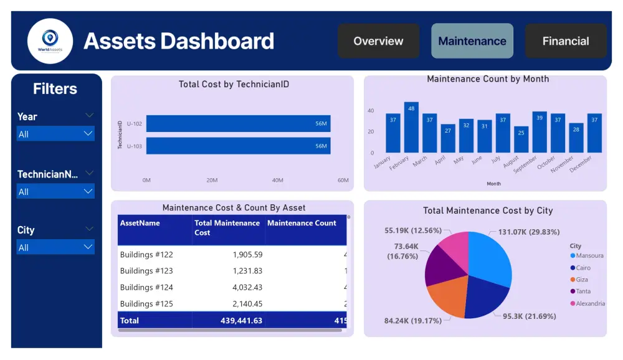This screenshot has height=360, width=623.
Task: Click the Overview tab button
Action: coord(378,41)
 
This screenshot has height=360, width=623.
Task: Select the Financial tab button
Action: coord(565,41)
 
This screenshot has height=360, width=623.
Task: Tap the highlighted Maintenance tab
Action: coord(472,41)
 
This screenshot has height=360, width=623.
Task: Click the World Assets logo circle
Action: coord(50,41)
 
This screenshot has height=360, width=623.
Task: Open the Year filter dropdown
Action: coord(55,134)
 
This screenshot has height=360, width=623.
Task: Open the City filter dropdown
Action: coord(55,247)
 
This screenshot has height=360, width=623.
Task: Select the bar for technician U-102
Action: coord(238,123)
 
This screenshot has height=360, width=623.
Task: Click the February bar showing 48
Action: coord(411,128)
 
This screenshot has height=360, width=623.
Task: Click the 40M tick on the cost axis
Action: coord(277,180)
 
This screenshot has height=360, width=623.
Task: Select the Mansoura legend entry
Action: coord(589,256)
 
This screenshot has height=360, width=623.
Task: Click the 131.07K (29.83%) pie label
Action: coord(528,232)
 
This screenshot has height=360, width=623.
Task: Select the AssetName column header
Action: coord(140,223)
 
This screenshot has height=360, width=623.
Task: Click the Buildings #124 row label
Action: coord(146,287)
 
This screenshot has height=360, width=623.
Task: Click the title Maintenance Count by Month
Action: coord(488,79)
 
